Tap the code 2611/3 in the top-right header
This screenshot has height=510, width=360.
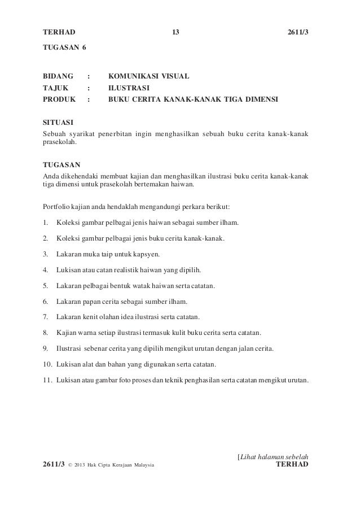298,32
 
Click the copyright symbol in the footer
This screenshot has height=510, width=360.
70,465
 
